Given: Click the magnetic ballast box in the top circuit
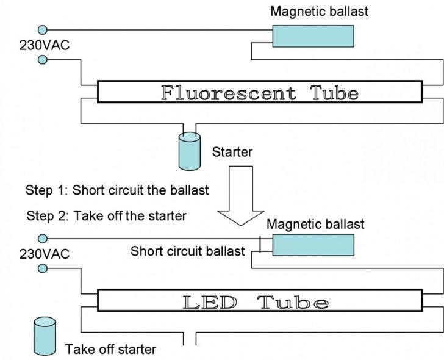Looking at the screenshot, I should (x=313, y=37).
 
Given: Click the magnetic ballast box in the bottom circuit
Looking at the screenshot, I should (x=313, y=245).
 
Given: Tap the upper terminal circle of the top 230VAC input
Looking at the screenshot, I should (x=42, y=29).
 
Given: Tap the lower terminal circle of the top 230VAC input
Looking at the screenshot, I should (x=42, y=59).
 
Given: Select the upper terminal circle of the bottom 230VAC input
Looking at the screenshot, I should (x=42, y=238).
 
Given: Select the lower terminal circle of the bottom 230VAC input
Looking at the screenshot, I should (x=42, y=268).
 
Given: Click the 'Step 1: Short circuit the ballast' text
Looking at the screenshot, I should (x=117, y=190).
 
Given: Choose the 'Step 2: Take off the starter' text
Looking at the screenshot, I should (x=107, y=215).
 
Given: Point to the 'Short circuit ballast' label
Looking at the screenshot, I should (x=188, y=251).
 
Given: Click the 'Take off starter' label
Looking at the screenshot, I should (x=110, y=350).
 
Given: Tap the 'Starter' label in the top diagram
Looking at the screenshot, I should (x=232, y=152).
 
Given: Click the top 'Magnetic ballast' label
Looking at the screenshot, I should (x=320, y=11).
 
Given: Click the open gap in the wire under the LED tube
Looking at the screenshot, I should (x=190, y=339).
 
